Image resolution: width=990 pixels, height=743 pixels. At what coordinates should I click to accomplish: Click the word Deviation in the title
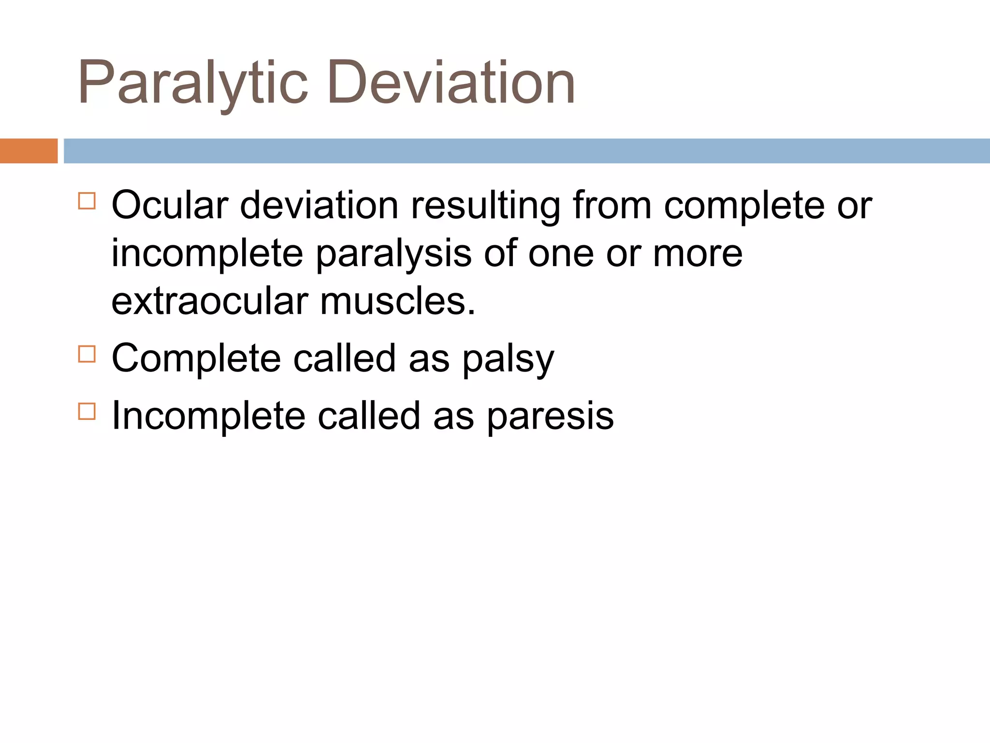pyautogui.click(x=451, y=82)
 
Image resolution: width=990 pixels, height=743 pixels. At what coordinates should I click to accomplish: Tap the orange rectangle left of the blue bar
pyautogui.click(x=29, y=151)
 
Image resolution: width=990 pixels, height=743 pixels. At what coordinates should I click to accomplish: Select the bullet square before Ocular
pyautogui.click(x=87, y=201)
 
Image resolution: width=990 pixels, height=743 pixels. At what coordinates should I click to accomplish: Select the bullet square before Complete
pyautogui.click(x=87, y=354)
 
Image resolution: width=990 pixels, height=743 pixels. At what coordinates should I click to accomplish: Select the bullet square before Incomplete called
pyautogui.click(x=87, y=411)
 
